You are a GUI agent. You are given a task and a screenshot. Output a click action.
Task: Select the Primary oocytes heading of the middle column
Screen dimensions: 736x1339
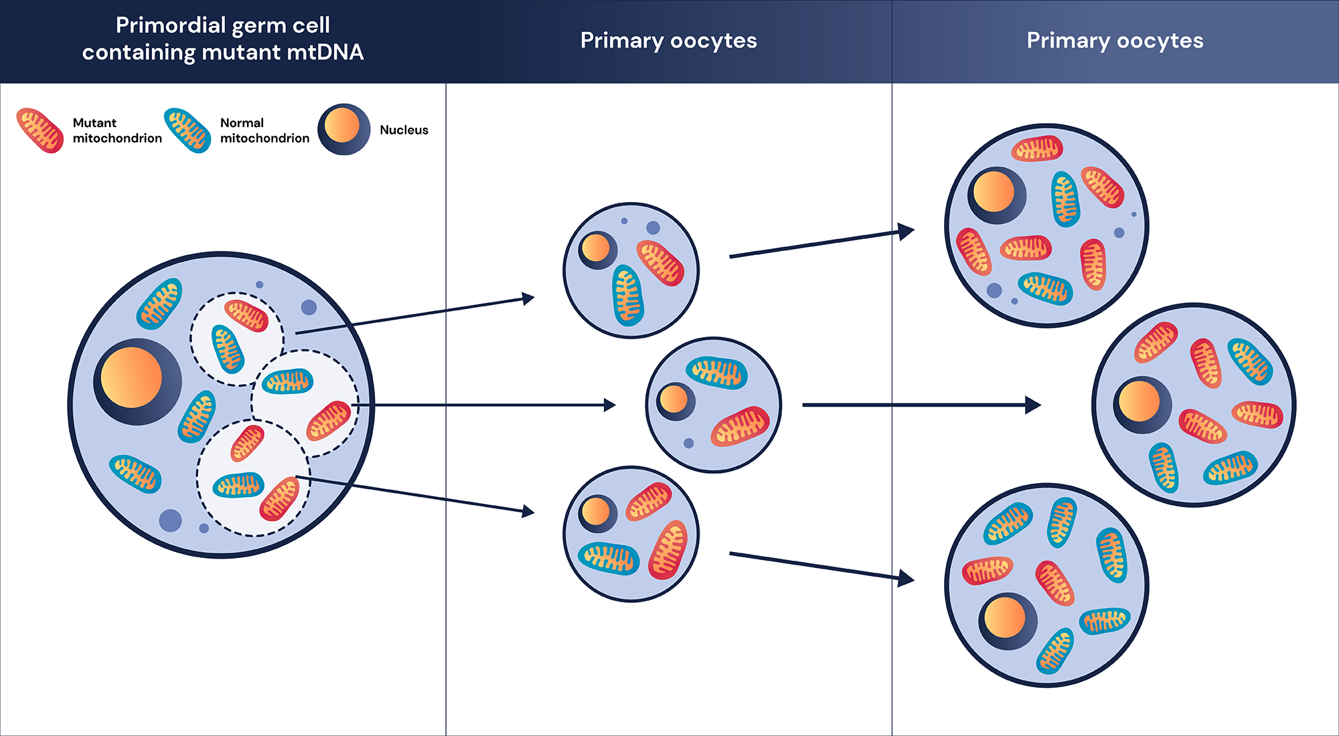(x=668, y=41)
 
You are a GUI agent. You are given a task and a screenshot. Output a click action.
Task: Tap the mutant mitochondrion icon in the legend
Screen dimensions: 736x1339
(x=40, y=130)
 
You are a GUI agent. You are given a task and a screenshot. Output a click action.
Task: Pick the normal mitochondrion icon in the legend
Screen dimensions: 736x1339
(x=187, y=130)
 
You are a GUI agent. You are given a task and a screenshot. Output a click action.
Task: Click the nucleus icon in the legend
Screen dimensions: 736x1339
(x=343, y=128)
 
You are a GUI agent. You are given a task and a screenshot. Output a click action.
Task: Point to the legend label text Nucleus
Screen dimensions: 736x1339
(x=404, y=130)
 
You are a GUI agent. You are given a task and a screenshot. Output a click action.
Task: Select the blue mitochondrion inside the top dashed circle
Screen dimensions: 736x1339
(x=227, y=349)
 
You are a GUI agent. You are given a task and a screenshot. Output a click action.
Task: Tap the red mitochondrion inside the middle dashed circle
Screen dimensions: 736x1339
(x=329, y=420)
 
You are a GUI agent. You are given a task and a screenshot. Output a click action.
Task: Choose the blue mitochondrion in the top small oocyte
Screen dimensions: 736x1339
(x=628, y=295)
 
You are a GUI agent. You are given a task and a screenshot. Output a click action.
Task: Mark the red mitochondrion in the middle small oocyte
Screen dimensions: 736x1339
(x=740, y=426)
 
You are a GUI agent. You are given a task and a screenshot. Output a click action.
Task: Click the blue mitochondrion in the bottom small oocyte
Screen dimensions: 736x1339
(x=608, y=558)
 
